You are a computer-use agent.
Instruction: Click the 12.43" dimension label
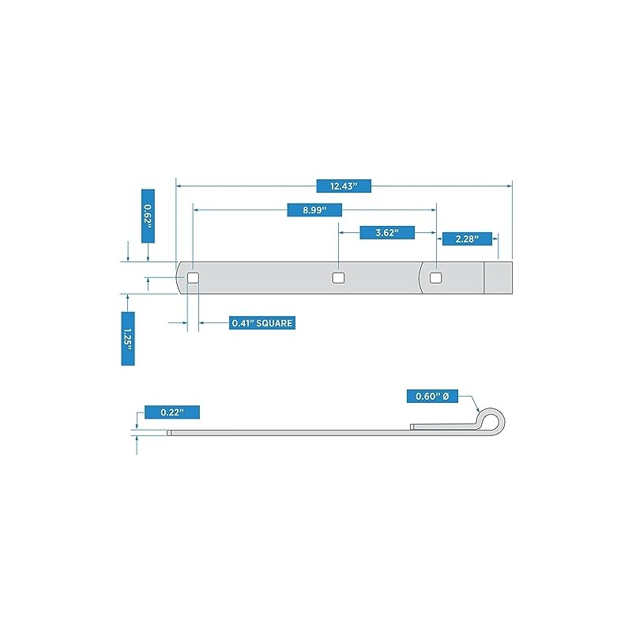point(344,186)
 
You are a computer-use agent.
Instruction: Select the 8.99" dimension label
point(314,210)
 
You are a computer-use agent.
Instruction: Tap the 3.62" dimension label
point(387,232)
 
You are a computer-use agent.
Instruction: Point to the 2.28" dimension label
point(467,239)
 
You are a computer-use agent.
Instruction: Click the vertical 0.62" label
point(148,216)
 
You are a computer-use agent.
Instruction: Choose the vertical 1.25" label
point(128,339)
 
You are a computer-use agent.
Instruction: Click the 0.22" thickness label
point(172,412)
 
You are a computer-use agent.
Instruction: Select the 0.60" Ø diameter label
point(432,397)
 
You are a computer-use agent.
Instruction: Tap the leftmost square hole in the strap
point(193,277)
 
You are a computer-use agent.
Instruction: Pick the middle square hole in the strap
point(338,277)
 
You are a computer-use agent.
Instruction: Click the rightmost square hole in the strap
point(436,277)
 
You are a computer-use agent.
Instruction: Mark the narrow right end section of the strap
point(498,278)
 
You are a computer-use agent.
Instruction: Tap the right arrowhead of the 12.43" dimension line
point(510,186)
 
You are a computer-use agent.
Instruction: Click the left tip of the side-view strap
point(167,433)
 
